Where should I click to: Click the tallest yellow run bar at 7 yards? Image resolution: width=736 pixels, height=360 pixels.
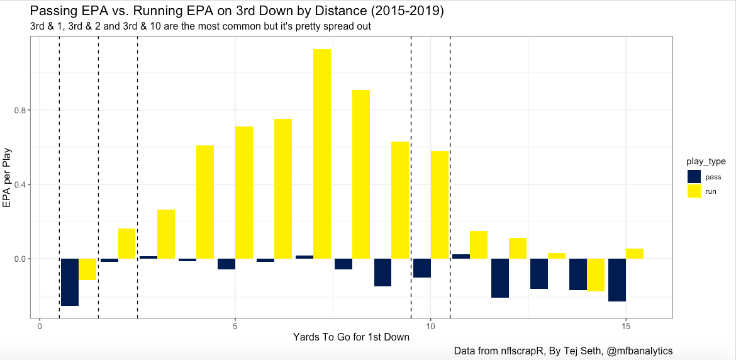(322, 154)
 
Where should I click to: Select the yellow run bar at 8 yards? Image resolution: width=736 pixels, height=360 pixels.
(361, 174)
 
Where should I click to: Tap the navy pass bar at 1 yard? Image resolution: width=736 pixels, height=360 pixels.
(70, 282)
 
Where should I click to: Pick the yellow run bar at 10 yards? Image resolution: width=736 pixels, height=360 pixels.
(439, 205)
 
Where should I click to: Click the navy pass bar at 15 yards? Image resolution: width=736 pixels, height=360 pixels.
(617, 280)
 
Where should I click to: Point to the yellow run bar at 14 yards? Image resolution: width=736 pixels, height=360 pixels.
(596, 275)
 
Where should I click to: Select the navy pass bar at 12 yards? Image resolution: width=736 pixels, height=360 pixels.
(500, 278)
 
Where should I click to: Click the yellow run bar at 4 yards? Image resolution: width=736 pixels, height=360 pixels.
(205, 202)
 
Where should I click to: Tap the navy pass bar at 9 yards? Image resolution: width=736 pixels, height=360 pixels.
(382, 273)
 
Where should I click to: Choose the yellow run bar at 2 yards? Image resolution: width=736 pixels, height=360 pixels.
(127, 244)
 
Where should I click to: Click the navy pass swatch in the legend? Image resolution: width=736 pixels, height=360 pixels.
(694, 177)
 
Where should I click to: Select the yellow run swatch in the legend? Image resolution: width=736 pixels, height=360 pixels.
(694, 191)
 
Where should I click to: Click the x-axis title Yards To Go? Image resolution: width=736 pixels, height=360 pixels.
(351, 337)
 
